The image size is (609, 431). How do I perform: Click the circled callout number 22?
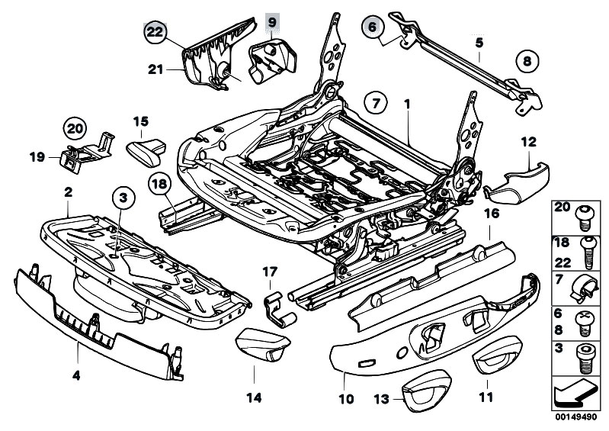point(155,31)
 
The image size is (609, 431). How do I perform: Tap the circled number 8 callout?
point(525,60)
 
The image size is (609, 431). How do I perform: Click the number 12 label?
point(529,141)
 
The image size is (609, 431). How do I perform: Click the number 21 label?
point(156,69)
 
